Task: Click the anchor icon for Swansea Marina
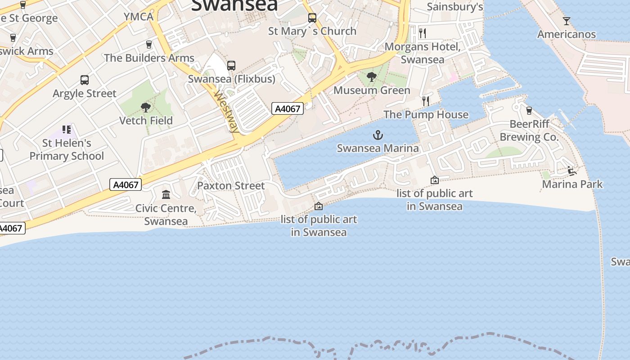[378, 135]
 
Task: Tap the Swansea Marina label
[378, 148]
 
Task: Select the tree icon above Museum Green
[372, 77]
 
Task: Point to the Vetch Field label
[146, 121]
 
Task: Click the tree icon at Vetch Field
[145, 107]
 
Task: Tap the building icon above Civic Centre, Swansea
[166, 195]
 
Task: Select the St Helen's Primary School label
[67, 149]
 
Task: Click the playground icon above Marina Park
[572, 171]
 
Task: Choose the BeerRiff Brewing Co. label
[529, 130]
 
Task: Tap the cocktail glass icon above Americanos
[566, 21]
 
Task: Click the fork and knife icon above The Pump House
[426, 101]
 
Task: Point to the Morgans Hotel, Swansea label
[423, 53]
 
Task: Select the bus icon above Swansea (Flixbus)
[231, 66]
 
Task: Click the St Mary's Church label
[312, 31]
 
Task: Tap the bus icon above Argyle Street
[85, 80]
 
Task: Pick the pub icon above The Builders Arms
[149, 45]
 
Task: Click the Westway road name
[226, 112]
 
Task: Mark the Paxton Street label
[231, 185]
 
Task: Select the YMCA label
[139, 17]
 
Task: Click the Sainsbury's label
[454, 7]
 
